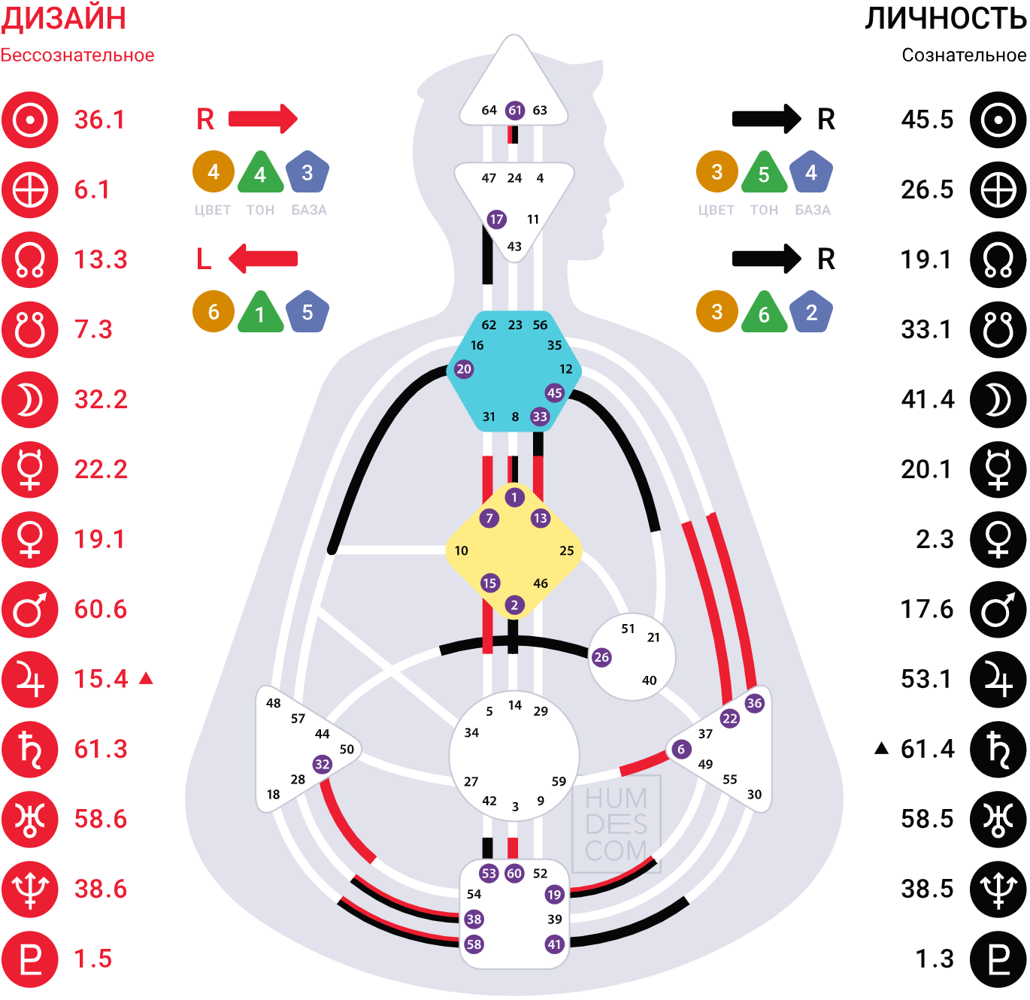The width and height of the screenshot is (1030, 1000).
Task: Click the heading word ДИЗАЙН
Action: pos(63,19)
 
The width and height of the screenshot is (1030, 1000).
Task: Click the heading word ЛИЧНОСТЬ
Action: pos(946,19)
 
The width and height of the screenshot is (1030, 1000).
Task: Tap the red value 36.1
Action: pos(99,120)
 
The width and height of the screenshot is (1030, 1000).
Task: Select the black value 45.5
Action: pos(927,120)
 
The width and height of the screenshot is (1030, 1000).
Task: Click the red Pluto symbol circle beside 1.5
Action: pos(29,959)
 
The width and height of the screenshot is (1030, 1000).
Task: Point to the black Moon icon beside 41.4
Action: pos(998,400)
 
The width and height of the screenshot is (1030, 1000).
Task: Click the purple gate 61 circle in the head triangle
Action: pos(514,111)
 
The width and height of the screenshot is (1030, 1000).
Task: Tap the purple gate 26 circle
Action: pos(601,657)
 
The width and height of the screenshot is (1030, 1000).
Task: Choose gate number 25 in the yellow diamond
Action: pos(567,550)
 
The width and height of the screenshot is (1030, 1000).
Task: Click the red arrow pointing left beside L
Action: pos(263,259)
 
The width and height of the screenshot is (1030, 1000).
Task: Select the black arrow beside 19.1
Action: pos(766,259)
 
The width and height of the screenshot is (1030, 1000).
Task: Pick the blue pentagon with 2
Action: pos(811,312)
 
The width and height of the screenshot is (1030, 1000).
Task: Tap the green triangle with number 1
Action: pos(260,313)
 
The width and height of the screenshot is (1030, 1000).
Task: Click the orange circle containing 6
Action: pos(214,312)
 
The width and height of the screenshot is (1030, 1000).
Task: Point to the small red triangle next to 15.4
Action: pos(147,679)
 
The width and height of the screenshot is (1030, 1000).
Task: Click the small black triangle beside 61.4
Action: pos(882,748)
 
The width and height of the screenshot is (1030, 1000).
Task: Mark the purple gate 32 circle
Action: pos(323,764)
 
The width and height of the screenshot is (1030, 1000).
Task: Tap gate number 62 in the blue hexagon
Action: pos(489,325)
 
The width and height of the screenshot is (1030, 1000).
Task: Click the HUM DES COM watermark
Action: pos(616,824)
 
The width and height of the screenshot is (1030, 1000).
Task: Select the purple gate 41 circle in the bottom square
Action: pos(554,944)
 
